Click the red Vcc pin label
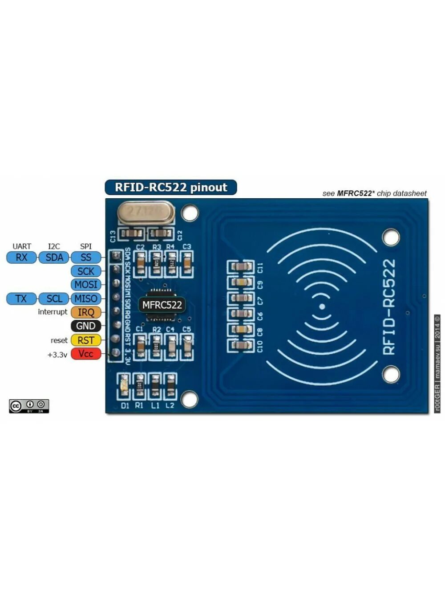(x=86, y=354)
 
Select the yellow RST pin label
(x=86, y=340)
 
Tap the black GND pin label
(x=86, y=326)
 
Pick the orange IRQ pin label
(x=86, y=312)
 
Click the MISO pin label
(x=86, y=298)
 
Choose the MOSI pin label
(x=86, y=285)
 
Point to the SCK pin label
(x=86, y=271)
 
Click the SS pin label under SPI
(x=86, y=257)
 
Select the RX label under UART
(x=21, y=257)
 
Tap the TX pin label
(x=21, y=298)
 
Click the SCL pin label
(x=54, y=298)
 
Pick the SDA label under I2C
(x=54, y=257)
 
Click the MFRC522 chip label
(x=162, y=305)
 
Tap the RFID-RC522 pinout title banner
(x=171, y=188)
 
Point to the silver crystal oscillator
(x=145, y=213)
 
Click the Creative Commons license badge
(x=29, y=406)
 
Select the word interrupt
(x=53, y=312)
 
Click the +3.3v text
(x=57, y=355)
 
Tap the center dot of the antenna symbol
(x=322, y=307)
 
